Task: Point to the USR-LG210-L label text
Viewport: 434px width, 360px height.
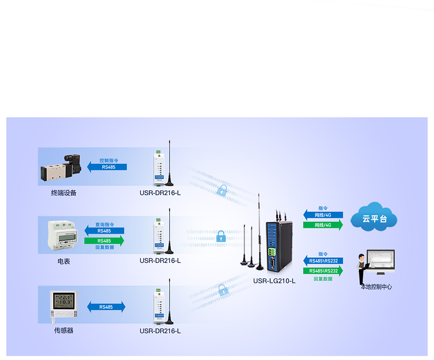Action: point(274,280)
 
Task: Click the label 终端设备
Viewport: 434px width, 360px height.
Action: point(64,193)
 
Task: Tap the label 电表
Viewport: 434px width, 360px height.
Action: point(64,261)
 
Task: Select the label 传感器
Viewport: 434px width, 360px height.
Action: point(64,331)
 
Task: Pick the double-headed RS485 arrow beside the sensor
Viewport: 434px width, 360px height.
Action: point(106,307)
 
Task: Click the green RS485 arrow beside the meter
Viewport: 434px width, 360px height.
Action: point(104,240)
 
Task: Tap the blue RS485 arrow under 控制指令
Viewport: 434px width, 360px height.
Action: point(107,167)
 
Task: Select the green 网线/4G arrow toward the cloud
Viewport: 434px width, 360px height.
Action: point(323,225)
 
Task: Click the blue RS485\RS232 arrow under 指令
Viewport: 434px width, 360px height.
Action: point(323,261)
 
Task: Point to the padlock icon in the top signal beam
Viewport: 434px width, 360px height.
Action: point(222,190)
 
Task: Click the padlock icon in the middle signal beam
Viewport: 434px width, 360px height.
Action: point(221,236)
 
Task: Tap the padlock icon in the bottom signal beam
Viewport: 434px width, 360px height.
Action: point(222,290)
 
